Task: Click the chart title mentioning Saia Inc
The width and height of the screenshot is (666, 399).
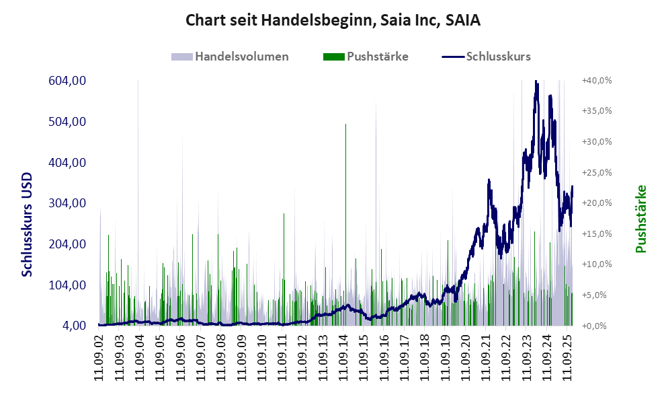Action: [333, 21]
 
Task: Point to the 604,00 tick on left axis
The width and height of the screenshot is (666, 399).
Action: [67, 81]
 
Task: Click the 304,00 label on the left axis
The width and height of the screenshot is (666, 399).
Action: [67, 203]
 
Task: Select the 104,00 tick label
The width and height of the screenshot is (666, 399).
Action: [67, 285]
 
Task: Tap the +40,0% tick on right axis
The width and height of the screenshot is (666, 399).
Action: [597, 81]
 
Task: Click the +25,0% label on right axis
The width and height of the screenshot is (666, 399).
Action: [597, 172]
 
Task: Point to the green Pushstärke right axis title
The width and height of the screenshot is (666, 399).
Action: [640, 219]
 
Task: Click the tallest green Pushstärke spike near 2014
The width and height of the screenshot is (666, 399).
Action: [345, 125]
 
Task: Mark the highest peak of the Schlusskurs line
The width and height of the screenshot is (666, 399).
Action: [536, 81]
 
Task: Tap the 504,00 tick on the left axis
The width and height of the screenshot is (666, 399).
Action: [67, 122]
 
